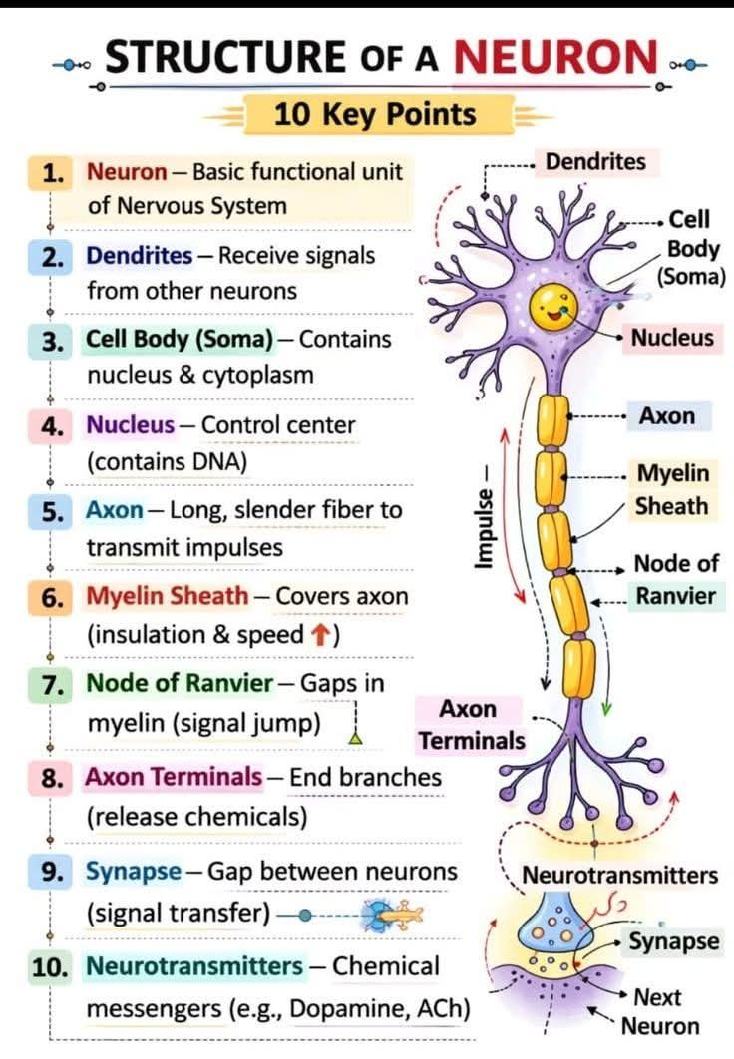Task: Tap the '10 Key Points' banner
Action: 376,114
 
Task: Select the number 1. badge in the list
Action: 51,173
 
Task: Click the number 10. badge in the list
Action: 50,967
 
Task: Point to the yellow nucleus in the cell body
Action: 553,307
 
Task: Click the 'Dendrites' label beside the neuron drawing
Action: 595,162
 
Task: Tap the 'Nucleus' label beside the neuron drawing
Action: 672,337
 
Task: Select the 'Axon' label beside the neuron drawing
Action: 667,416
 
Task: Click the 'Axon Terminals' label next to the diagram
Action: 471,725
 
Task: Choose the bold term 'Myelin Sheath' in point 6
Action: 168,596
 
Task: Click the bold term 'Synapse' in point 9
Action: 134,872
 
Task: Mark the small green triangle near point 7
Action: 355,738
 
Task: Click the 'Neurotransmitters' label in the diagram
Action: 619,876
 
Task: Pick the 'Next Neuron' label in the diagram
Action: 659,1012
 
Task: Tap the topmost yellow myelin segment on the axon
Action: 552,420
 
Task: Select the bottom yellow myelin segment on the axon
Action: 579,668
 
